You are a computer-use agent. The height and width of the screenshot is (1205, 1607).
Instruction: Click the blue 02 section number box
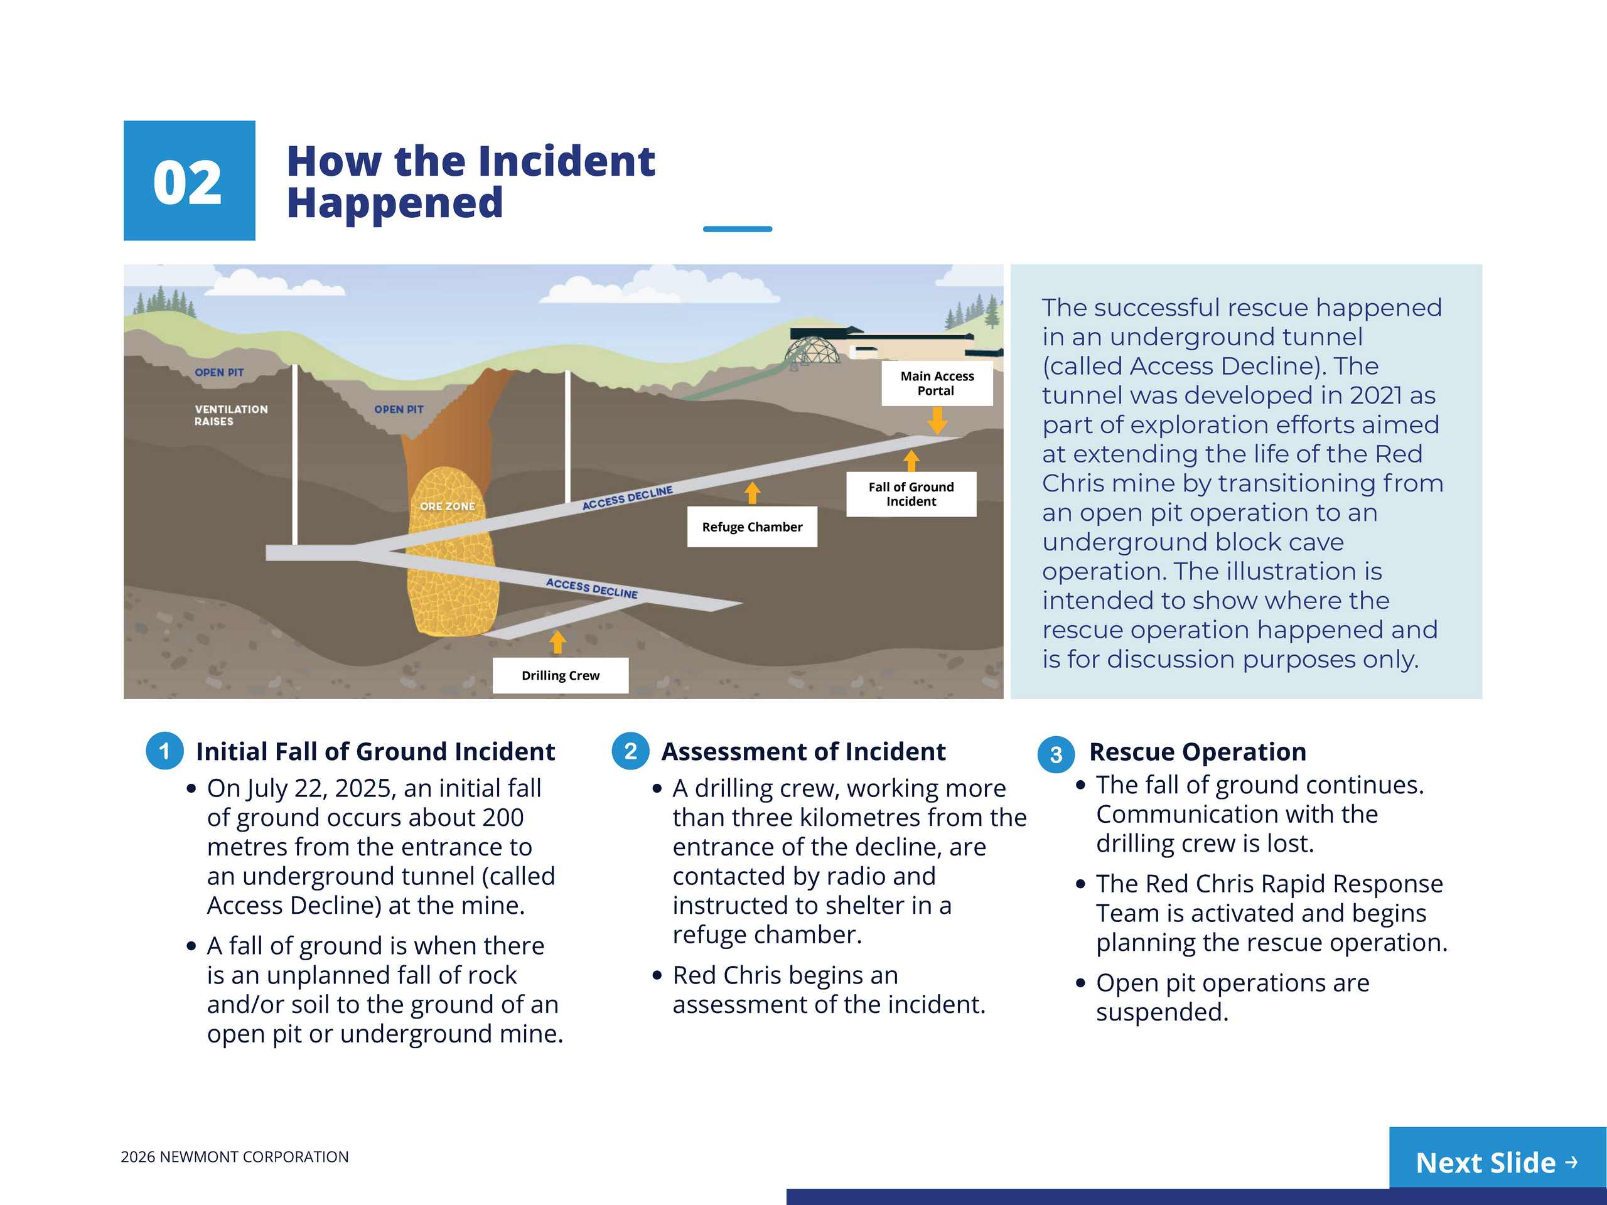(189, 180)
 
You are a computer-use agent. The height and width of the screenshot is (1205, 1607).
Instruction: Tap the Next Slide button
(1497, 1162)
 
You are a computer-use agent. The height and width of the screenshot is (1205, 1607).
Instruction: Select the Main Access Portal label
(937, 383)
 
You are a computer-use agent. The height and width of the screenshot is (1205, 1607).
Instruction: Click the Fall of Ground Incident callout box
(911, 495)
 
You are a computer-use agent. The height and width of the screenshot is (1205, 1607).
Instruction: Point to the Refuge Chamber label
(752, 527)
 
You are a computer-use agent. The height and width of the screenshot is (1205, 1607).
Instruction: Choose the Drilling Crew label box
(560, 675)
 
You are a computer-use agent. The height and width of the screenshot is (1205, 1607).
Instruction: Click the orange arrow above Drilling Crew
(557, 641)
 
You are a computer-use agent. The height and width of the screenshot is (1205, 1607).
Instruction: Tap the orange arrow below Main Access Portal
(937, 420)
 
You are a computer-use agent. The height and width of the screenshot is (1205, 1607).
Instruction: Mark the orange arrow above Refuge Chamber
(753, 493)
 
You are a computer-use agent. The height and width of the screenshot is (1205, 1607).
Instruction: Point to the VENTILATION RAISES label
(230, 415)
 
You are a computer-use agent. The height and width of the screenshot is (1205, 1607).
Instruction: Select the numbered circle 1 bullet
(165, 751)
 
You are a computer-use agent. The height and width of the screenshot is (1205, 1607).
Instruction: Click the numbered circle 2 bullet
(630, 751)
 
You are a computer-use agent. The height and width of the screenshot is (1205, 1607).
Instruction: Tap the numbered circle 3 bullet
(1056, 754)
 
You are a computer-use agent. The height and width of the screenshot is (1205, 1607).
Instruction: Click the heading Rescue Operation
(1197, 752)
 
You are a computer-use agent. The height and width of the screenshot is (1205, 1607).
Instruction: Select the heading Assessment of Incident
(803, 751)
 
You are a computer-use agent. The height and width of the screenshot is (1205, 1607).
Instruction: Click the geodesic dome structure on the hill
(814, 349)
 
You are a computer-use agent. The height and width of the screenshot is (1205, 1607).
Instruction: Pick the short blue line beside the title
(738, 229)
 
